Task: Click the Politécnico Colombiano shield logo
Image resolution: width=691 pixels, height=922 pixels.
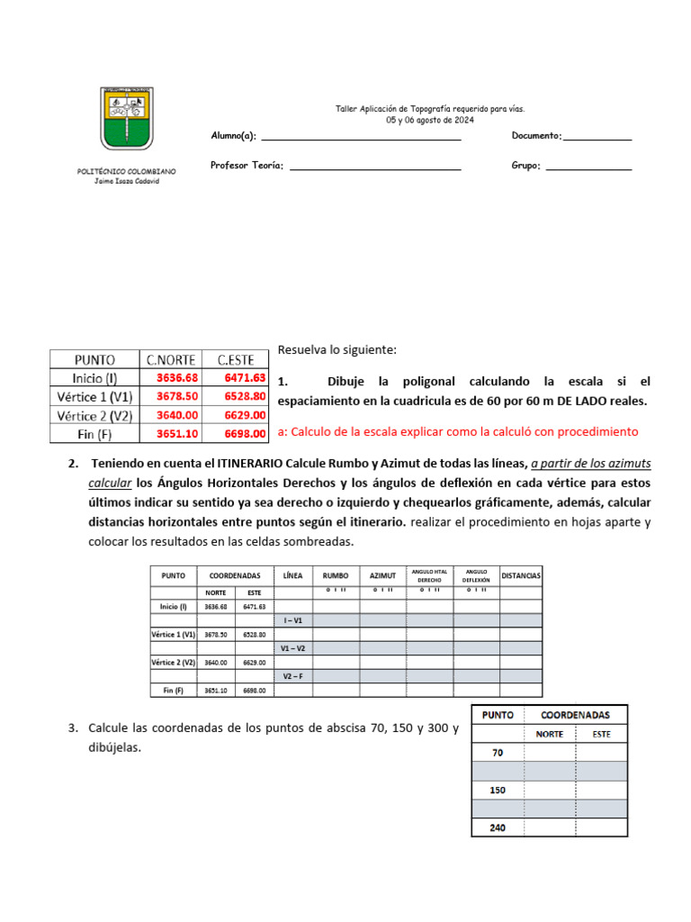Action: tap(127, 119)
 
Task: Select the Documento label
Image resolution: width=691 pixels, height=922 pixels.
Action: tap(536, 136)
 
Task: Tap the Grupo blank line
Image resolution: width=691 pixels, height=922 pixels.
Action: tap(588, 168)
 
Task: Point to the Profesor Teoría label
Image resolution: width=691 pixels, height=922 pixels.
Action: tap(247, 166)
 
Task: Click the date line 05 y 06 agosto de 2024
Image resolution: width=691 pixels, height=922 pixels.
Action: tap(430, 120)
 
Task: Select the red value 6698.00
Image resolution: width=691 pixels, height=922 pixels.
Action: tap(244, 433)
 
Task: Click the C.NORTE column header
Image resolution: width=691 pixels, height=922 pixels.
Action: tap(171, 358)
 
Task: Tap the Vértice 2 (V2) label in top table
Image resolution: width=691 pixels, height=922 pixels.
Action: tap(94, 415)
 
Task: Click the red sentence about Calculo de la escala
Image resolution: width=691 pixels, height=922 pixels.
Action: tap(458, 432)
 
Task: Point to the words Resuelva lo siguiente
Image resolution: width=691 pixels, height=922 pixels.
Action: tap(337, 349)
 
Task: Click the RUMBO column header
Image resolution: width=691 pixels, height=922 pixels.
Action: tap(336, 575)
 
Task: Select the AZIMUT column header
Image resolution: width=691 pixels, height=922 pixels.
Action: tap(382, 575)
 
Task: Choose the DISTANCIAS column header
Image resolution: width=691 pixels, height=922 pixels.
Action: tap(521, 574)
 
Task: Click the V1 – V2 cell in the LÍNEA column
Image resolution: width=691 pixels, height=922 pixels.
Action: tap(293, 648)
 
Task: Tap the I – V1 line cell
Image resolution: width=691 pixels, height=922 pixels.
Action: tap(293, 620)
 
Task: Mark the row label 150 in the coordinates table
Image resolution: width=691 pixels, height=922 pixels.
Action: tap(497, 791)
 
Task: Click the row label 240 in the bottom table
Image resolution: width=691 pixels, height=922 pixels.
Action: tap(497, 828)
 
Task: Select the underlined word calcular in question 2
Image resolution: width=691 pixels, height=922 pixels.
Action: tap(102, 483)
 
